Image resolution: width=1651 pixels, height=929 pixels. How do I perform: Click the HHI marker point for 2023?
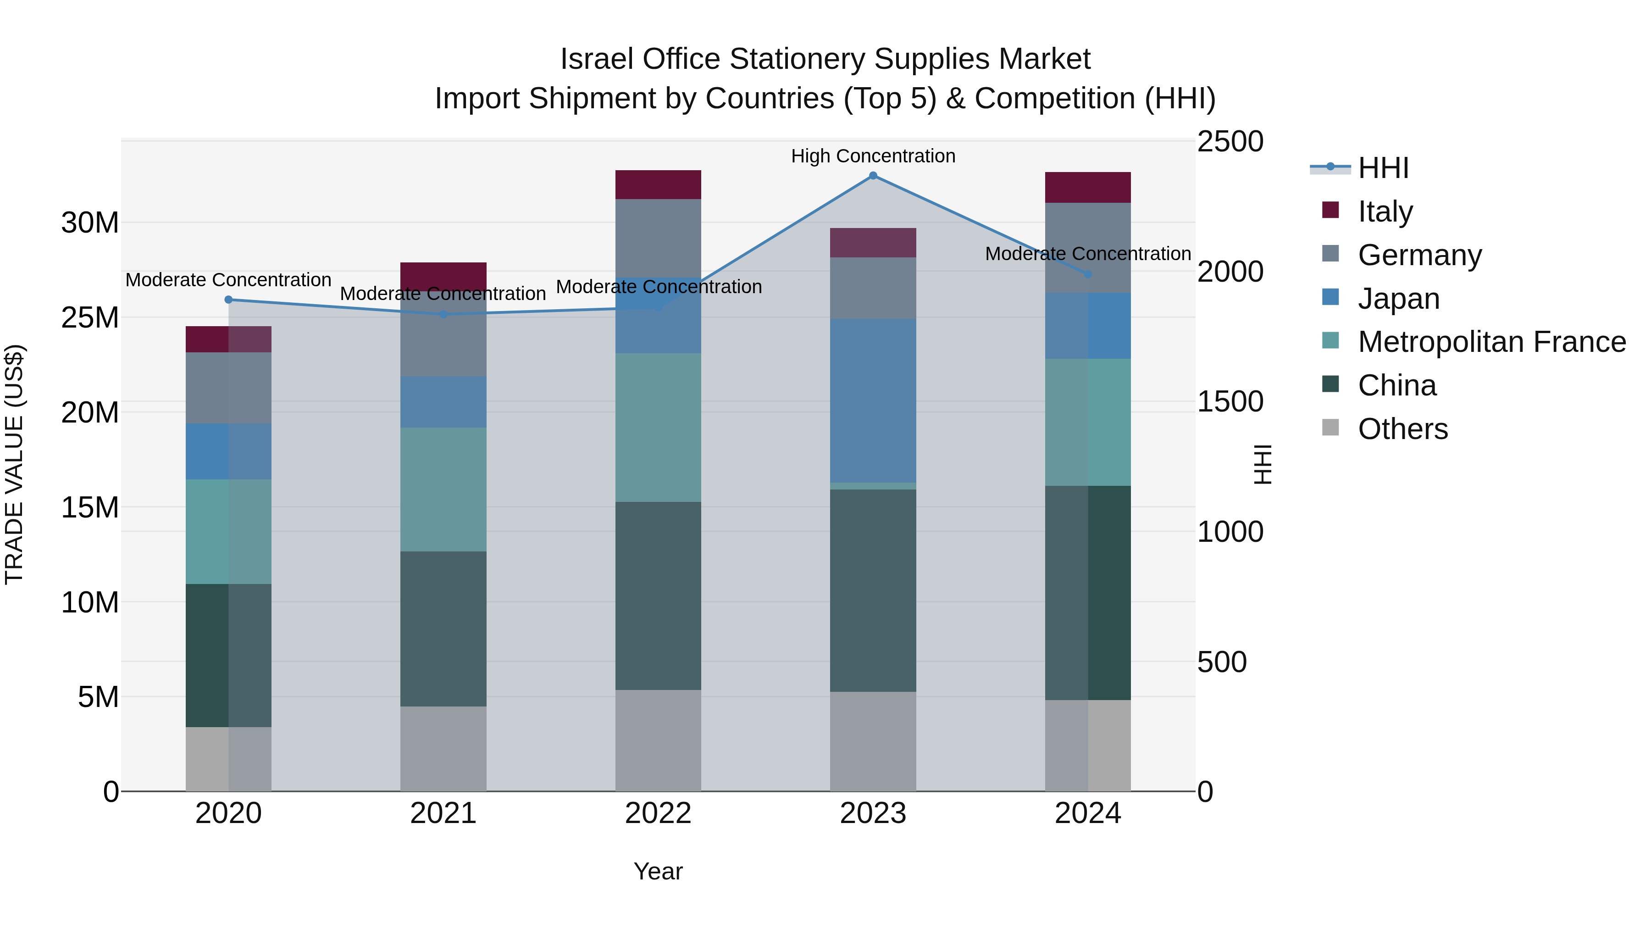pyautogui.click(x=873, y=176)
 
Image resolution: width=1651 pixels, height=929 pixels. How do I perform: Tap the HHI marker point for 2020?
pyautogui.click(x=229, y=300)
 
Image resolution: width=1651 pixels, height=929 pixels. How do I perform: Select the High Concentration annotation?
pyautogui.click(x=873, y=156)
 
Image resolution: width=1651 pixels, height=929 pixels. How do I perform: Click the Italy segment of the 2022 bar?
pyautogui.click(x=658, y=184)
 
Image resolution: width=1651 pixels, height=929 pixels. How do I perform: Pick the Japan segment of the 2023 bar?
pyautogui.click(x=873, y=401)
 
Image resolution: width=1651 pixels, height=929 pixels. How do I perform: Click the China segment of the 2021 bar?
pyautogui.click(x=443, y=629)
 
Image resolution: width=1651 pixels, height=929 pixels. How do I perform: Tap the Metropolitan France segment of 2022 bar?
pyautogui.click(x=658, y=428)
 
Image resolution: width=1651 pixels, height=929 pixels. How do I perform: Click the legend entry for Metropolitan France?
pyautogui.click(x=1491, y=342)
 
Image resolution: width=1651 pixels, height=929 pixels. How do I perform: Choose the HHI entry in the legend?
pyautogui.click(x=1383, y=168)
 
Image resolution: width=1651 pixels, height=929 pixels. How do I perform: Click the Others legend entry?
pyautogui.click(x=1402, y=429)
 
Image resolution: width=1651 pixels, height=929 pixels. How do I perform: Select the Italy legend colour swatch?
pyautogui.click(x=1330, y=210)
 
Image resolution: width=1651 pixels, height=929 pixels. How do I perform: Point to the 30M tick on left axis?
pyautogui.click(x=90, y=223)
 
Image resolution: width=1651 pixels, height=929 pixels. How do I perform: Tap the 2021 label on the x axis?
pyautogui.click(x=443, y=813)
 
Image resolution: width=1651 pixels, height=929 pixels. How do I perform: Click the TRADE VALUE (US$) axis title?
pyautogui.click(x=14, y=464)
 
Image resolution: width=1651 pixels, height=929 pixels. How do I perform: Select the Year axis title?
pyautogui.click(x=658, y=871)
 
